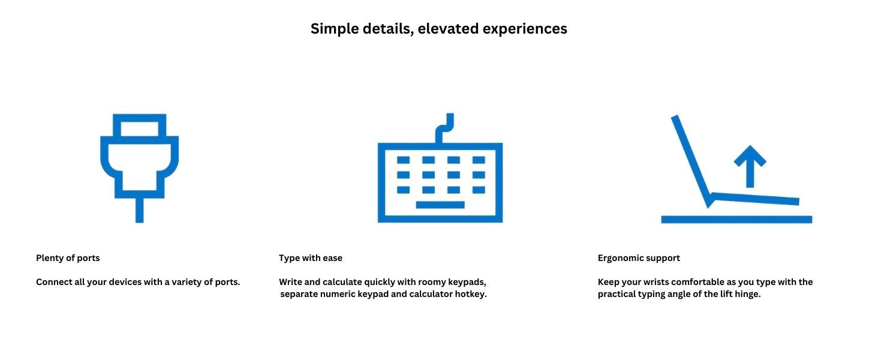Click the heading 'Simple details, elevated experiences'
coord(438,29)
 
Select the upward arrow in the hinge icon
coord(750,166)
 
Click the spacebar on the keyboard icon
coord(440,205)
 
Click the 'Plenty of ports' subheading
coord(68,258)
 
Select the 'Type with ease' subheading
coord(311,258)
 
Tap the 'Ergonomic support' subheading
coord(639,258)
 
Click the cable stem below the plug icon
coord(139,210)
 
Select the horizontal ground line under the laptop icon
coord(736,219)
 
